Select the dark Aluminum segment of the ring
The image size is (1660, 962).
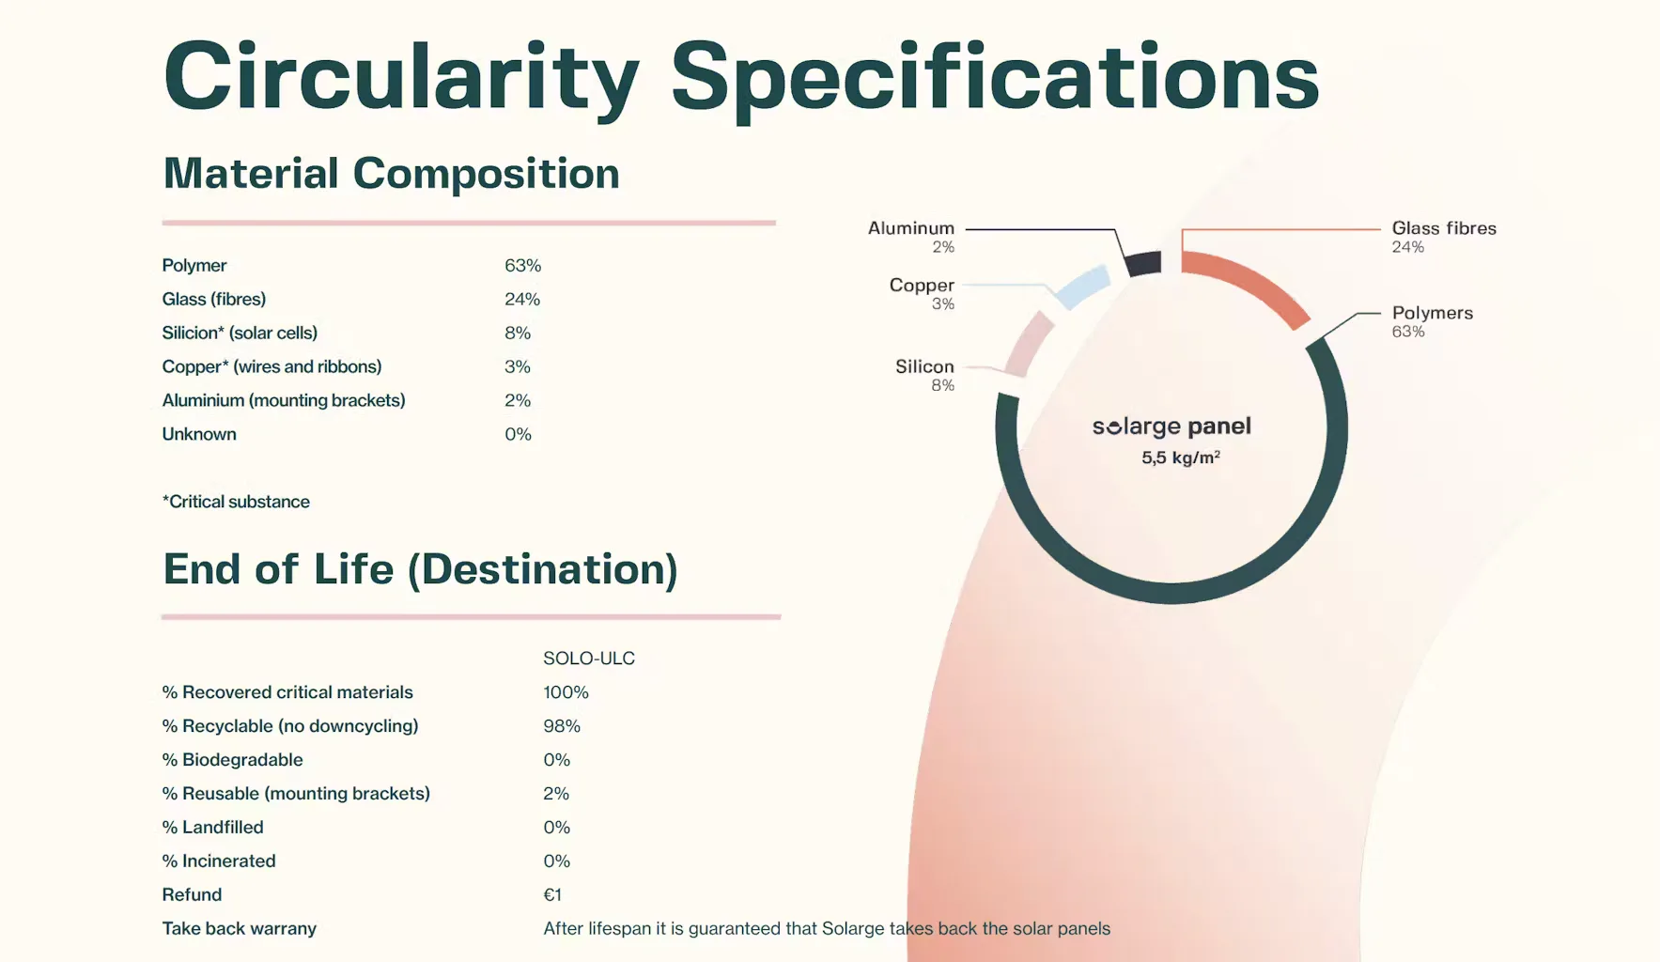(x=1143, y=263)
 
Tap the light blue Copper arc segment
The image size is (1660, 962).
(x=1082, y=287)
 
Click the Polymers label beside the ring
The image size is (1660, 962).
(x=1432, y=313)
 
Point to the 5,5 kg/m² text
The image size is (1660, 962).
(x=1180, y=458)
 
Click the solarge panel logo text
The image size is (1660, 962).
(x=1171, y=427)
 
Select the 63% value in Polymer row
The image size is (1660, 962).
(x=522, y=266)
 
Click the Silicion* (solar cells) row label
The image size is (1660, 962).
(x=240, y=333)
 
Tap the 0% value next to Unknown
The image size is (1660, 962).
(x=518, y=434)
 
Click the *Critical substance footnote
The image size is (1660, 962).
(x=236, y=502)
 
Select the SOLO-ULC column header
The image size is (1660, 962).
(x=589, y=659)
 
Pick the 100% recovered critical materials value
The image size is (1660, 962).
(x=566, y=692)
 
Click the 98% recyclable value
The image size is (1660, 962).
(x=562, y=726)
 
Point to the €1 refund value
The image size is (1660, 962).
(x=552, y=895)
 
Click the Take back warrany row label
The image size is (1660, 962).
(x=239, y=929)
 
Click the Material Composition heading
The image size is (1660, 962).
(x=391, y=174)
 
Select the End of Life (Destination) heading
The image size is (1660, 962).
(x=420, y=569)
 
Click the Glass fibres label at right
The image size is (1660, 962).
(x=1443, y=228)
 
